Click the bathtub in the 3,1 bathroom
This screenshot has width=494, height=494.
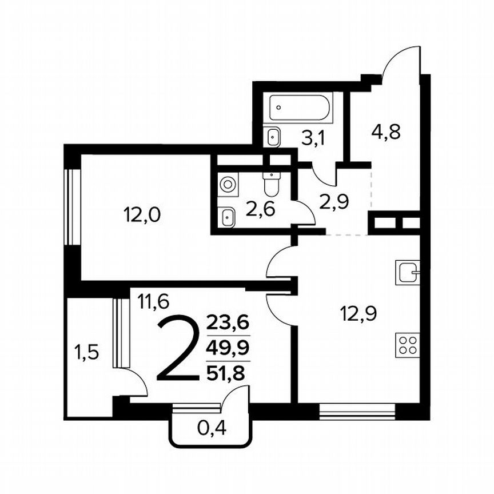[x=300, y=107]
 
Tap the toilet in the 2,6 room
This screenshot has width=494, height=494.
[x=270, y=183]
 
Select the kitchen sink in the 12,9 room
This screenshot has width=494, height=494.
[x=408, y=272]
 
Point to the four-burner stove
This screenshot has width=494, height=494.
[x=408, y=346]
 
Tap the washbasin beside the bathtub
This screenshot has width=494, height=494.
[x=274, y=136]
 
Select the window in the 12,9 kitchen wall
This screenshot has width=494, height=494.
[x=357, y=410]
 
